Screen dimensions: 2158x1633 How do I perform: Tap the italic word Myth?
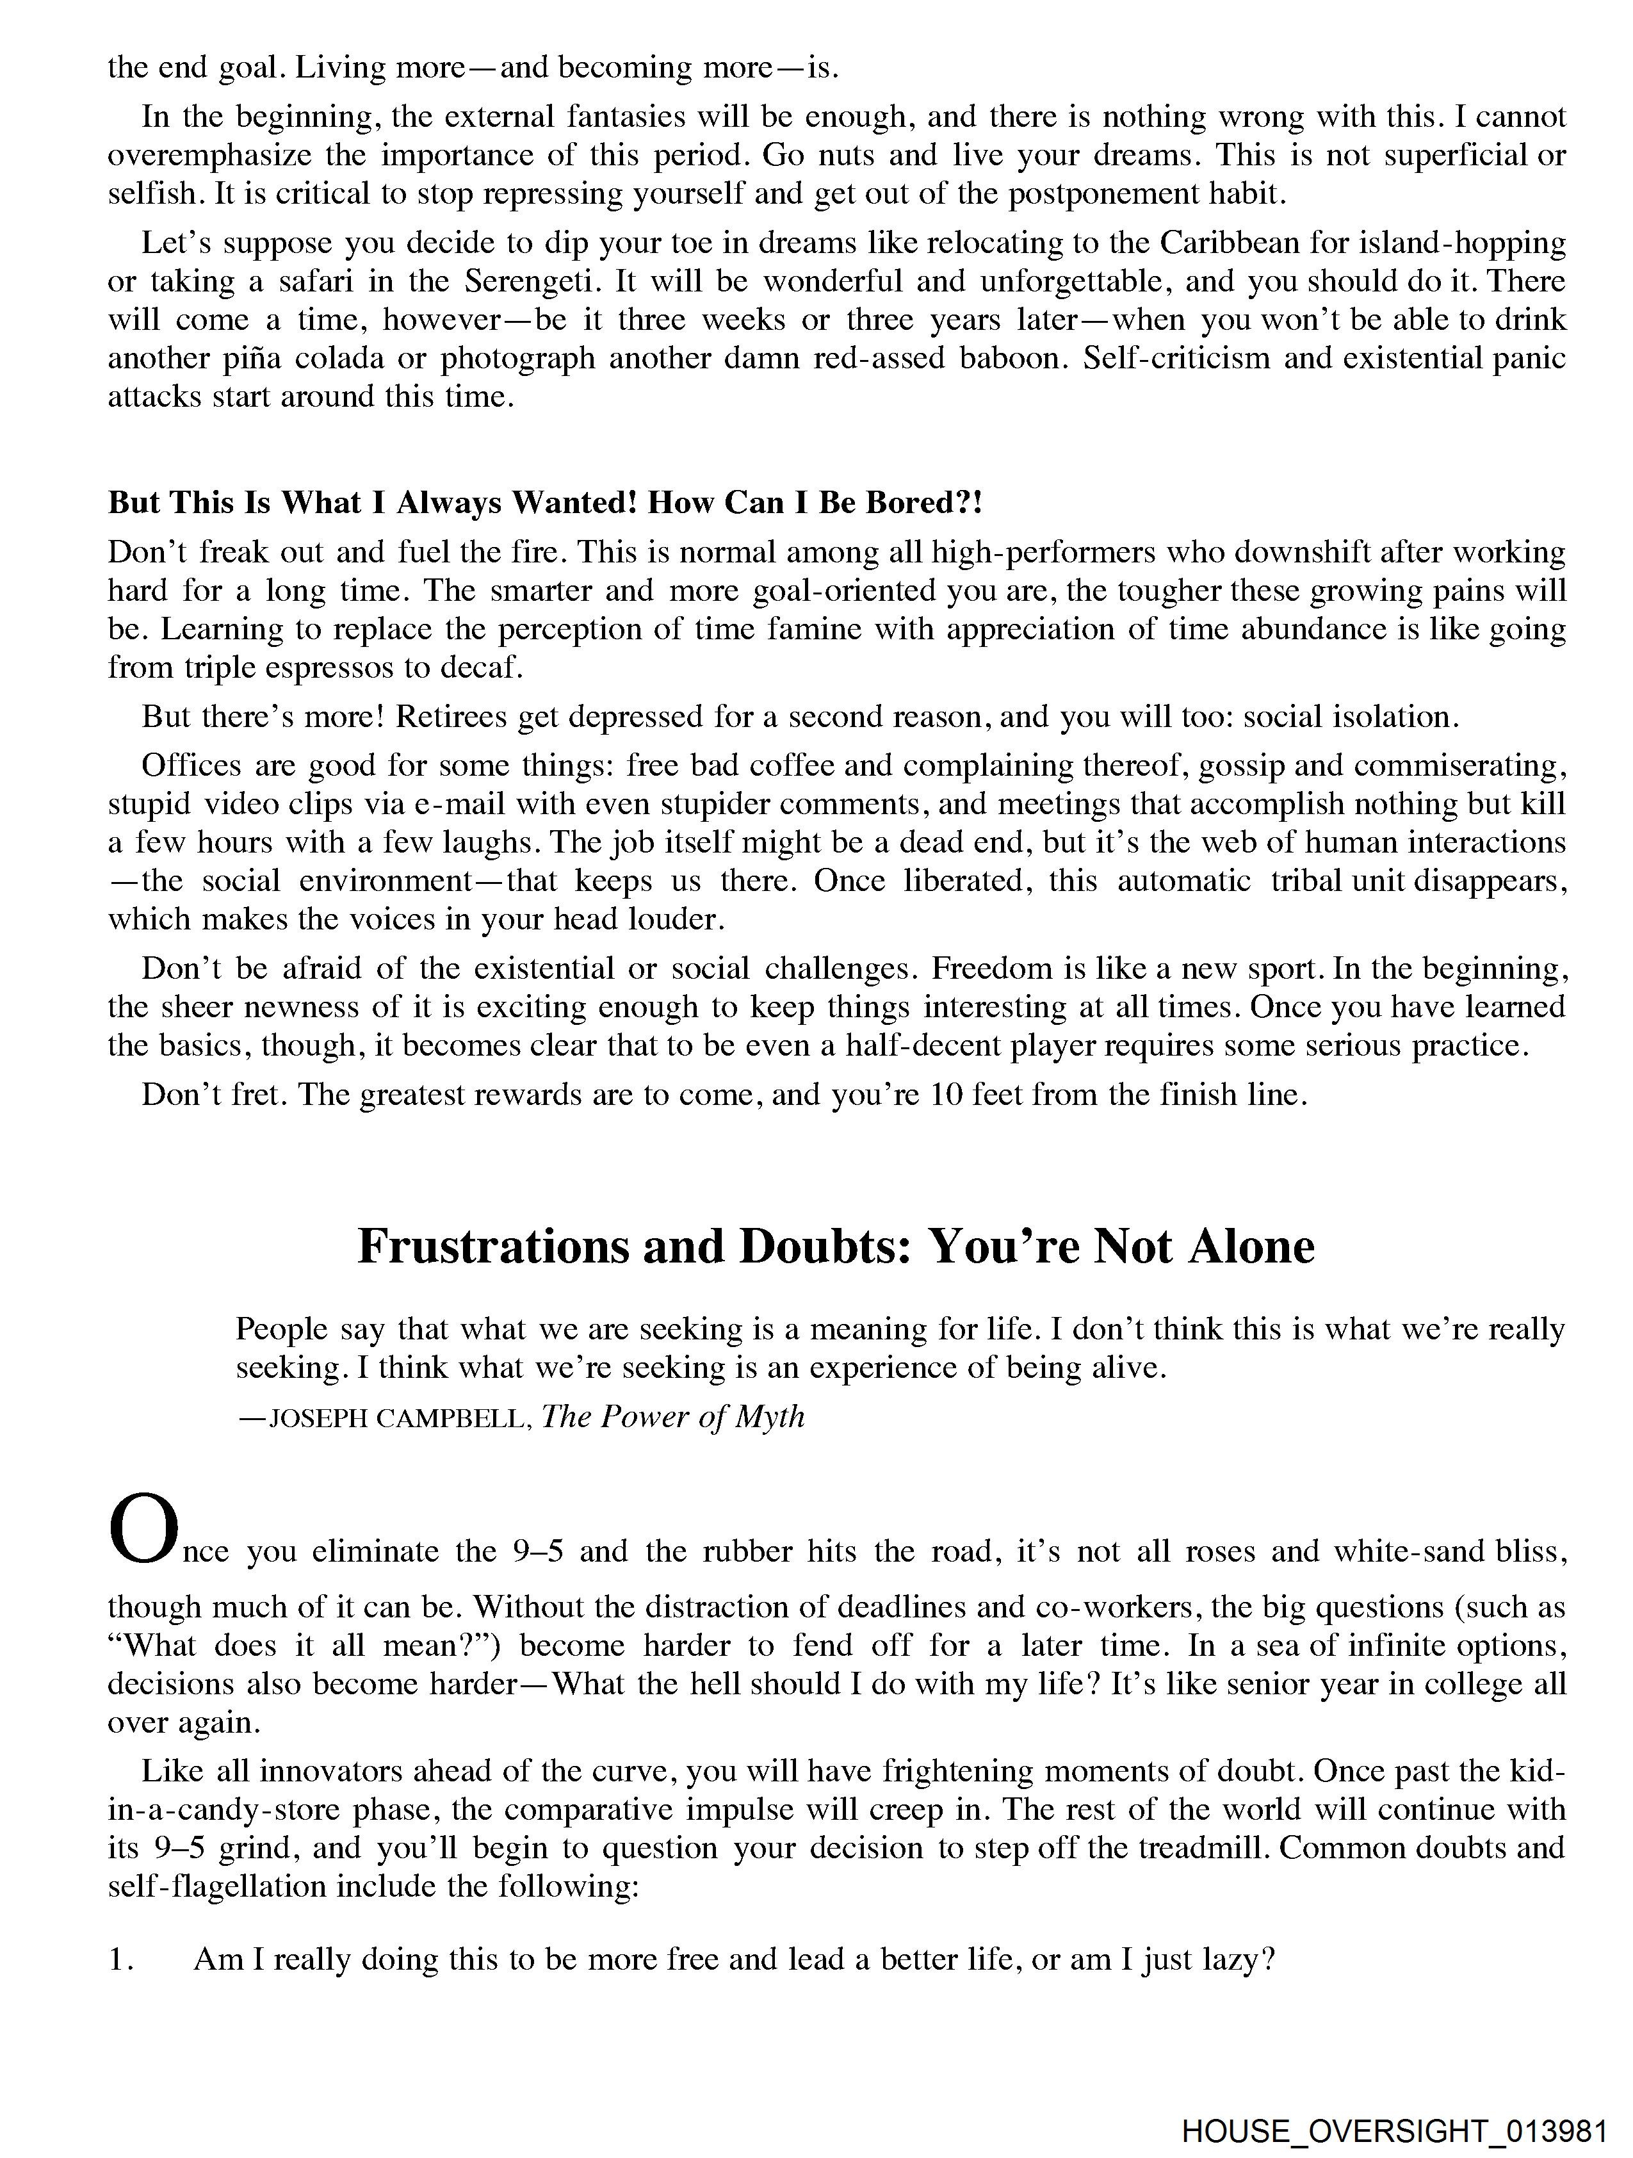coord(768,1416)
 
